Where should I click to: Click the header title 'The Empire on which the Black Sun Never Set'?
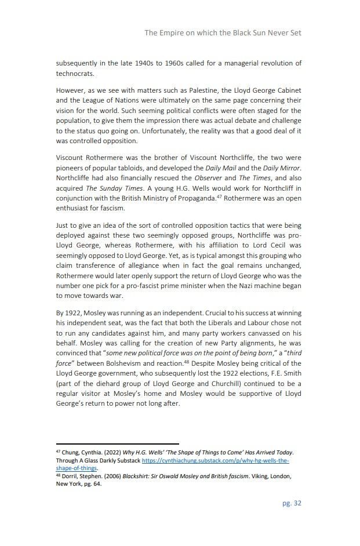click(x=223, y=32)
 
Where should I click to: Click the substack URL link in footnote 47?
click(x=215, y=460)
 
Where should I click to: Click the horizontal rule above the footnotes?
click(x=117, y=444)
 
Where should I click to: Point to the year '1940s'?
click(x=152, y=63)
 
